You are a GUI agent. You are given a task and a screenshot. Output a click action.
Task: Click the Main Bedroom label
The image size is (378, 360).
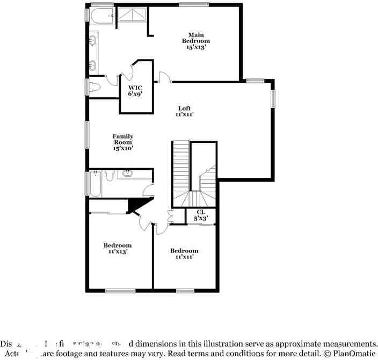coord(195,41)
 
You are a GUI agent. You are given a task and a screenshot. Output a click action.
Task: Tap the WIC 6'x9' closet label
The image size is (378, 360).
coord(134,90)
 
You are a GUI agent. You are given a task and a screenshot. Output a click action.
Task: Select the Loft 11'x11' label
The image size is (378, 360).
coord(184,111)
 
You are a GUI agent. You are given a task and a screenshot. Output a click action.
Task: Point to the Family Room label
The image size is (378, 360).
coord(123,142)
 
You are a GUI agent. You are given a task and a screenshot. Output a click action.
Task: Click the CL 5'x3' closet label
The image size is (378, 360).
coord(201,215)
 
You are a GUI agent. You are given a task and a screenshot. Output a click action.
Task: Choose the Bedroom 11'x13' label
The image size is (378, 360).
coord(118,248)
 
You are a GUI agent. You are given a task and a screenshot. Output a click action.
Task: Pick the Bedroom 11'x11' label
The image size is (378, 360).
coord(184,254)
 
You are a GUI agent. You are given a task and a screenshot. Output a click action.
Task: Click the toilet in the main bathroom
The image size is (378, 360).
coord(96,86)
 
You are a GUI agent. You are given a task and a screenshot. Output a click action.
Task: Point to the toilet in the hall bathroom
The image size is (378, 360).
coord(109,174)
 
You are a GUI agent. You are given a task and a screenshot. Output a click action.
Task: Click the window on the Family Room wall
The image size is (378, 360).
coord(86,134)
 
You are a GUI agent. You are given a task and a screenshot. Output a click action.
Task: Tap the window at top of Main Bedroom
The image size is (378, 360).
coord(194,5)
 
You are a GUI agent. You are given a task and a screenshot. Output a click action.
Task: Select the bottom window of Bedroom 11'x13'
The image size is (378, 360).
coord(120,291)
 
